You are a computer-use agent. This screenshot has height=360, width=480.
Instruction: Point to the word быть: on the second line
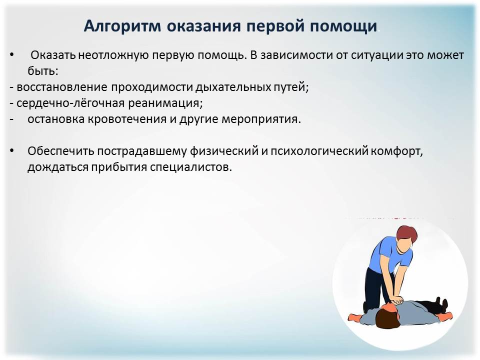[43, 70]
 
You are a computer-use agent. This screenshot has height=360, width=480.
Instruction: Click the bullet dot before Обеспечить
[11, 151]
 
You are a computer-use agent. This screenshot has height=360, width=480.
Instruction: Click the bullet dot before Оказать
[11, 54]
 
